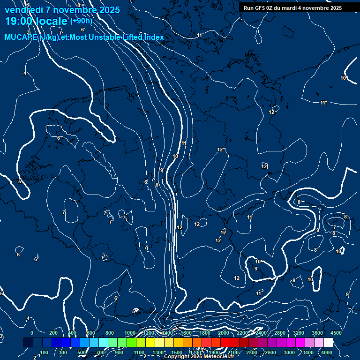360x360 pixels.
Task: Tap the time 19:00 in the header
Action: pyautogui.click(x=19, y=21)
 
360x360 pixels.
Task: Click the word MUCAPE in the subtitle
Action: pyautogui.click(x=20, y=37)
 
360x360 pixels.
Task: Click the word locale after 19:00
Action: pyautogui.click(x=51, y=21)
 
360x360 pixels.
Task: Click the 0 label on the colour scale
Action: pyautogui.click(x=32, y=333)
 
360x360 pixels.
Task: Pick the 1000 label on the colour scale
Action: pyautogui.click(x=129, y=333)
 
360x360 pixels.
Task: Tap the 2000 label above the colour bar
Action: pyautogui.click(x=224, y=333)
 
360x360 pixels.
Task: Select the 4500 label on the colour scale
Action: pyautogui.click(x=336, y=333)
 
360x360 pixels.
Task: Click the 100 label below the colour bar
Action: pyautogui.click(x=44, y=352)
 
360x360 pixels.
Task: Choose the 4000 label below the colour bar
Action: pyautogui.click(x=327, y=352)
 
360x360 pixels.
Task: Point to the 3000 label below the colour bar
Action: pyautogui.click(x=289, y=352)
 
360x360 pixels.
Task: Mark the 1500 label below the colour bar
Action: pyautogui.click(x=177, y=352)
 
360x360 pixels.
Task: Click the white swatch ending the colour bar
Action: pyautogui.click(x=328, y=343)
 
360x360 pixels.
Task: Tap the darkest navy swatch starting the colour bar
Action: pyautogui.click(x=28, y=343)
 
